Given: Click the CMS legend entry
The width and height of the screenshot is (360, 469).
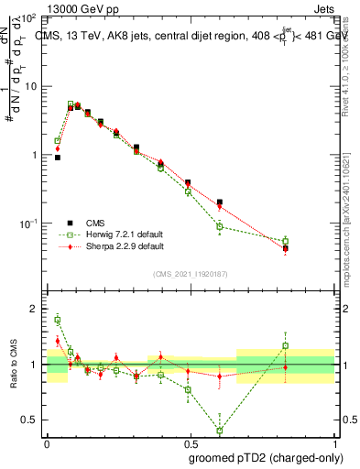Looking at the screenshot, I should [x=95, y=223].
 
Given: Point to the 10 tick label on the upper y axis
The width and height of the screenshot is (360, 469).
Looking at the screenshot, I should [x=30, y=86].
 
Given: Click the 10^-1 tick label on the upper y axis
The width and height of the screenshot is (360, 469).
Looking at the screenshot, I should [x=28, y=224].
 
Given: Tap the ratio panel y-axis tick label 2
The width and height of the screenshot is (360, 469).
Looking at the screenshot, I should [x=35, y=310].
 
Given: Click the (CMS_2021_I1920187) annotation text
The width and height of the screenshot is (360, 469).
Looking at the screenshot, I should [x=191, y=273].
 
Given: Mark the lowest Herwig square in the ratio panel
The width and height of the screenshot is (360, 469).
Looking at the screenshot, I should [x=220, y=431].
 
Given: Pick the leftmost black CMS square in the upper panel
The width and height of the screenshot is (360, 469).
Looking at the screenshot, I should [x=58, y=158].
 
